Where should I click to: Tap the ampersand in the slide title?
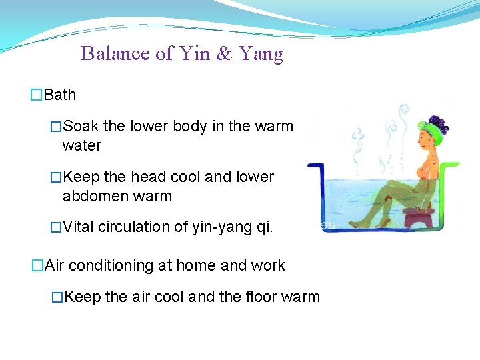tap(223, 53)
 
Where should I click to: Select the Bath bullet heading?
tap(59, 95)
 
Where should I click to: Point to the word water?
tap(81, 145)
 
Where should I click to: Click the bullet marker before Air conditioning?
tap(37, 265)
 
